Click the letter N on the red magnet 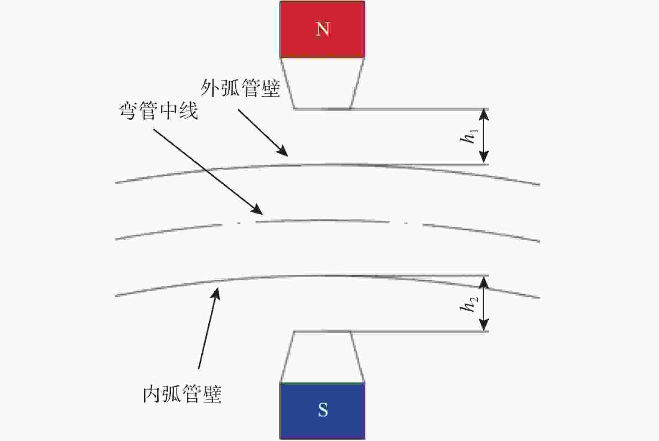tap(323, 29)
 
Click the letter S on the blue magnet tap(323, 410)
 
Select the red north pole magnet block tap(323, 29)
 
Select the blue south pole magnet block tap(323, 411)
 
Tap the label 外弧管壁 tap(240, 88)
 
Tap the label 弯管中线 tap(158, 110)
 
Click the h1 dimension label tap(469, 136)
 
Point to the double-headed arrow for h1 tap(484, 136)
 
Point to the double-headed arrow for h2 tap(484, 304)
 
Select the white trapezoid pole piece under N tap(322, 83)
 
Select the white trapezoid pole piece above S tap(322, 357)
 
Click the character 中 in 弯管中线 tap(168, 110)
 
